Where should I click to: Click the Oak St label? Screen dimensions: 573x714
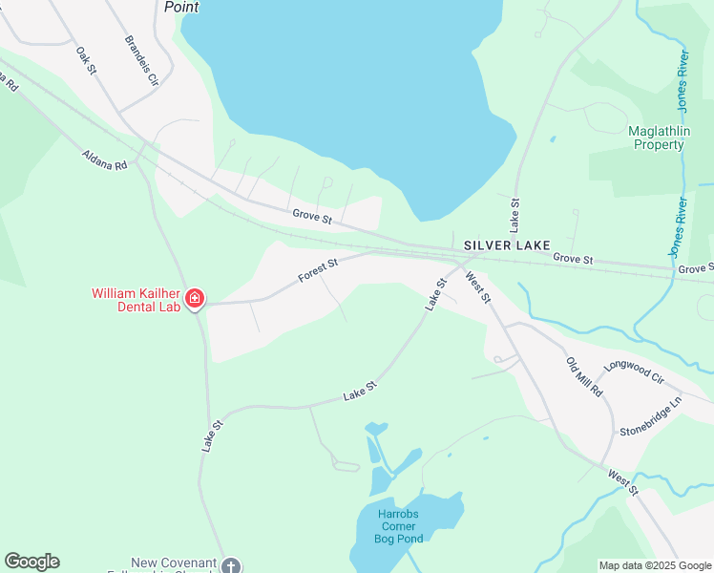pos(87,58)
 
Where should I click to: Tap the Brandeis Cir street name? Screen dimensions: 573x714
pos(140,61)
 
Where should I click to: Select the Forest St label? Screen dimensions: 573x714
pos(318,270)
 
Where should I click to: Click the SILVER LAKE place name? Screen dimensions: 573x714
pos(507,245)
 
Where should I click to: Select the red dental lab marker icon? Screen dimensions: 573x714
pos(195,300)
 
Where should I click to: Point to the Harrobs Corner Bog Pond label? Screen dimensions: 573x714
pos(399,520)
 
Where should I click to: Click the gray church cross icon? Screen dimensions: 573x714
pos(230,566)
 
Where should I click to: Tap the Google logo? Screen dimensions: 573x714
pos(31,562)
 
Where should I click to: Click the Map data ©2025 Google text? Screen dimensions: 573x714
pos(654,565)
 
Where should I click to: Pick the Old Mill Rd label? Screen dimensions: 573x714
pos(584,377)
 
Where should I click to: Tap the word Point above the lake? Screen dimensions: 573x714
pos(181,7)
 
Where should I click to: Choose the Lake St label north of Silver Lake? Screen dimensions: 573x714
pos(514,215)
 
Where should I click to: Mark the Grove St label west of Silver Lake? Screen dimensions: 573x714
pos(312,219)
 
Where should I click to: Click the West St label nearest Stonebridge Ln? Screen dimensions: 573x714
pos(622,482)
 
